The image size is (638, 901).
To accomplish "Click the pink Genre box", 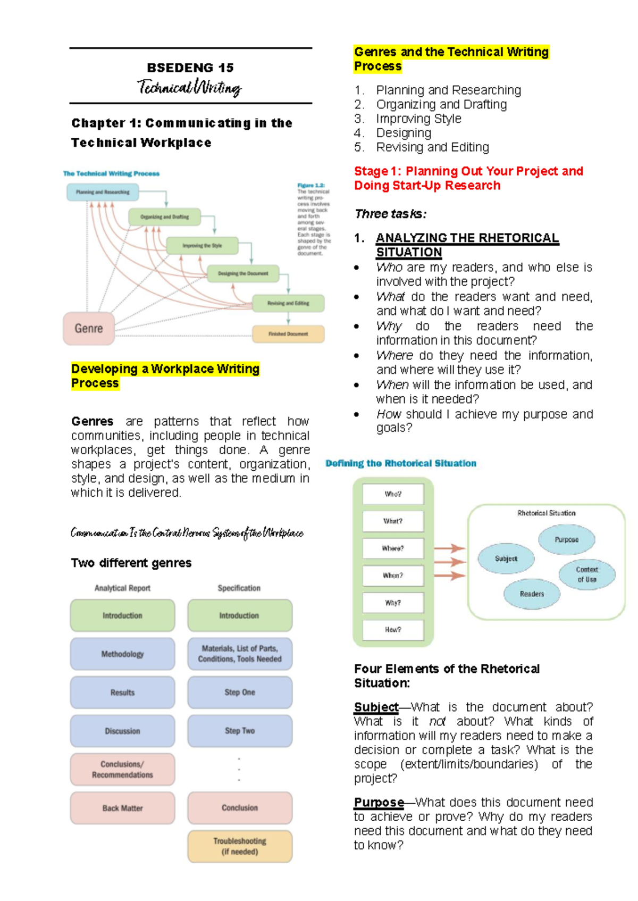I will click(89, 328).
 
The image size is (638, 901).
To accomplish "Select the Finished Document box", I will click(288, 334).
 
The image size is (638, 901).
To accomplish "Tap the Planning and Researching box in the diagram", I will click(103, 192).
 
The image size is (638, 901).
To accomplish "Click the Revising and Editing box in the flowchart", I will click(288, 303).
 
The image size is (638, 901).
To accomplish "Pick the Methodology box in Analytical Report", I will click(122, 654).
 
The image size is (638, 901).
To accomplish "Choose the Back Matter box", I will click(122, 808).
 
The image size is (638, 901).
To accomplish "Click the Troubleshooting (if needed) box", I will click(240, 846).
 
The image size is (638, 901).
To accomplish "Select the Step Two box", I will click(240, 731).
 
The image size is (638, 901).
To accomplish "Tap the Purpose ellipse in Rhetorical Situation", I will click(567, 539).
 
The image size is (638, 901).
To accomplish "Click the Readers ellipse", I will click(532, 594).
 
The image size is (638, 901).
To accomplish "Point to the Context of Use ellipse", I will click(587, 574).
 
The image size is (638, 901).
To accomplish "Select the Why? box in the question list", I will click(393, 603).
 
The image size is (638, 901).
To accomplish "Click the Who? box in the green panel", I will click(393, 494).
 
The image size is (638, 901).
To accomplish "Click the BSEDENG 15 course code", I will click(190, 68).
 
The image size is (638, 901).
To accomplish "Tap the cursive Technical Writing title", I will click(190, 87).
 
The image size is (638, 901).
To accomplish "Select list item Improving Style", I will click(418, 119).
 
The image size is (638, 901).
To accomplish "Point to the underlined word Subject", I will click(376, 707).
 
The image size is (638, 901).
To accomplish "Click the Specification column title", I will click(239, 588).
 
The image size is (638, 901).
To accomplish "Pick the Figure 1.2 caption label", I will click(310, 186).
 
